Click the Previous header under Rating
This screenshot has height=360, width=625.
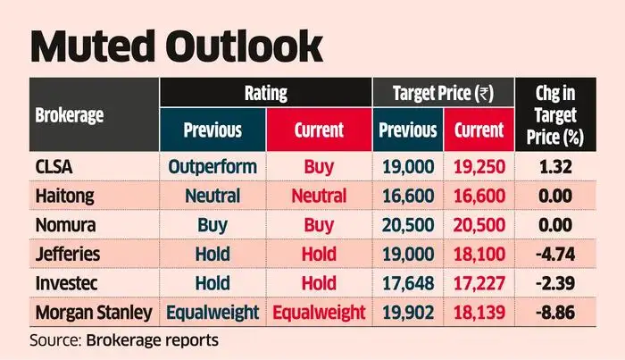(x=212, y=130)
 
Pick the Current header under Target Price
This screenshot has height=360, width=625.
(x=479, y=130)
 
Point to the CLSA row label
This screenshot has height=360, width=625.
(x=54, y=167)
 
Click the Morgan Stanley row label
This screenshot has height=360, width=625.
(x=91, y=313)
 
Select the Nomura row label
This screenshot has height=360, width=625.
(x=63, y=225)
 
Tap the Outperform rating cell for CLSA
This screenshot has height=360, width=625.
(x=212, y=167)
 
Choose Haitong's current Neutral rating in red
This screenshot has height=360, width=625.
(x=319, y=197)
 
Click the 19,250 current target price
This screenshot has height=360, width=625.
(x=479, y=167)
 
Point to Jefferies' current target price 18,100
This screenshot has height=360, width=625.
(x=479, y=255)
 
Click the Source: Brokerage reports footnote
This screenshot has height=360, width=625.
(x=125, y=340)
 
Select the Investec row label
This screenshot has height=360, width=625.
(x=64, y=283)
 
